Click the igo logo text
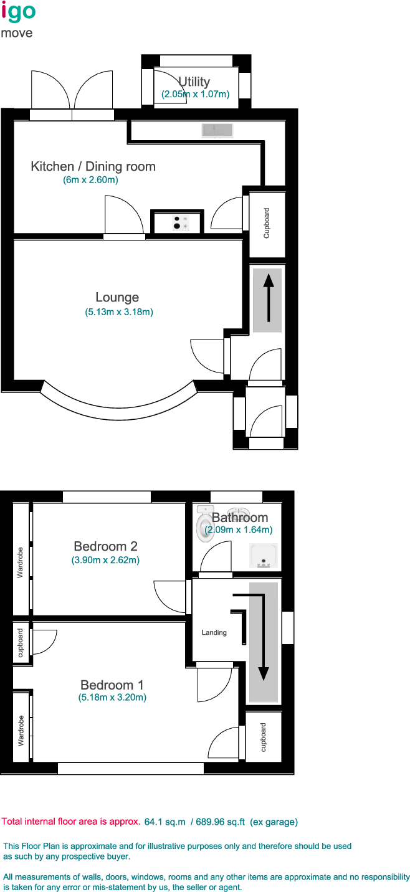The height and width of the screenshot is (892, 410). click(19, 12)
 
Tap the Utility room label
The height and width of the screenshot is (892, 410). click(194, 82)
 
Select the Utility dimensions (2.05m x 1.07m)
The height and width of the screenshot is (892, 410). click(195, 95)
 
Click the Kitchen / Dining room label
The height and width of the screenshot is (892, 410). click(93, 166)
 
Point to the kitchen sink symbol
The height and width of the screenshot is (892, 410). click(217, 130)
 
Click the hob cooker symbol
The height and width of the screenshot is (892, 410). click(181, 222)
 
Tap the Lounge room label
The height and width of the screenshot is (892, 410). click(117, 297)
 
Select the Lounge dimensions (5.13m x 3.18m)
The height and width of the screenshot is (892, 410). click(119, 312)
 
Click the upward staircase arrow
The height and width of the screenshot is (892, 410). click(268, 300)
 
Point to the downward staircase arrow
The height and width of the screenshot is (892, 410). click(263, 642)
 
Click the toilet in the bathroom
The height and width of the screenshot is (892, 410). click(205, 524)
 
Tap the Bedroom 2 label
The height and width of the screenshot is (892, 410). click(105, 546)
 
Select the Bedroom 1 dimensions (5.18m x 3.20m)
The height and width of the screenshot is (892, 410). click(112, 698)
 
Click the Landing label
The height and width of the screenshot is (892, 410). click(214, 633)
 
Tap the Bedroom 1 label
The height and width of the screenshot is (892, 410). click(112, 685)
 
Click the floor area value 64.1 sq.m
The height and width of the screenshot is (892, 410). click(165, 822)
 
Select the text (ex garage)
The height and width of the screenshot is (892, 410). click(274, 822)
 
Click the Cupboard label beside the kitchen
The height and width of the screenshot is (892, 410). click(267, 223)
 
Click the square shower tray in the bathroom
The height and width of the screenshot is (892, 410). click(263, 556)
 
